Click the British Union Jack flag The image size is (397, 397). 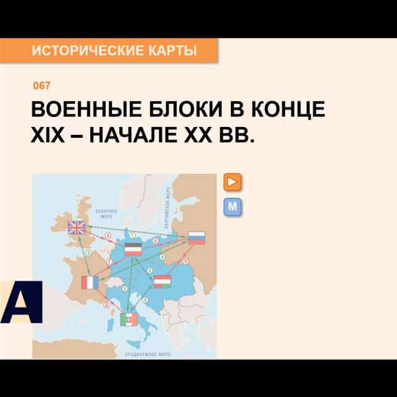pyautogui.click(x=77, y=228)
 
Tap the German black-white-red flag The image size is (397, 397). pyautogui.click(x=134, y=249)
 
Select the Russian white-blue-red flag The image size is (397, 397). pyautogui.click(x=196, y=237)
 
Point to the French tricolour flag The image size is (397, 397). pyautogui.click(x=90, y=282)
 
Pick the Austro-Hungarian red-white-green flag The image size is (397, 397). pyautogui.click(x=162, y=282)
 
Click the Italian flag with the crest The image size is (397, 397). pyautogui.click(x=129, y=318)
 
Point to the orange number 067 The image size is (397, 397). pyautogui.click(x=42, y=86)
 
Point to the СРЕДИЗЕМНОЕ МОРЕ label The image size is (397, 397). pyautogui.click(x=148, y=354)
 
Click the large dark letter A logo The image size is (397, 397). pyautogui.click(x=20, y=302)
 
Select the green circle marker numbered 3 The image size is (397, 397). pyautogui.click(x=88, y=253)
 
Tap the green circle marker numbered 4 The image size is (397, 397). pyautogui.click(x=162, y=257)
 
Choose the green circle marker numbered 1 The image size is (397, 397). pyautogui.click(x=132, y=235)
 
